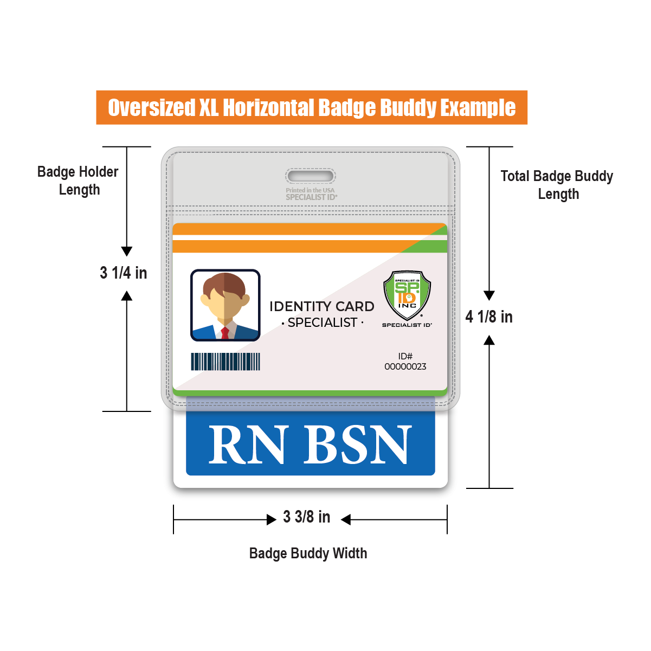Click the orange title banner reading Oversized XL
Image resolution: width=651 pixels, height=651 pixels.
312,107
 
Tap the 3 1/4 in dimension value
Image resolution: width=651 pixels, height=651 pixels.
124,273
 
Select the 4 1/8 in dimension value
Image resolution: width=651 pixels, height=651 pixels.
489,317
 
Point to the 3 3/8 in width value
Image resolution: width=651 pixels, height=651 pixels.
307,517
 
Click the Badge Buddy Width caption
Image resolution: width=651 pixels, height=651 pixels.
308,553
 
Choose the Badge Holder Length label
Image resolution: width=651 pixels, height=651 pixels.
78,181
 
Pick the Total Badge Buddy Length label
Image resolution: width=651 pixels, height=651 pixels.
557,185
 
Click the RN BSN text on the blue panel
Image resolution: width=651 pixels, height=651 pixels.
310,444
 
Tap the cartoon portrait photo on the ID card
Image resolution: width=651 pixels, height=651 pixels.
225,305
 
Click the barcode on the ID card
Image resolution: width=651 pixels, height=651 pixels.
225,362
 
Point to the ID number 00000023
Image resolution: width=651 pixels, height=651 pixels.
405,366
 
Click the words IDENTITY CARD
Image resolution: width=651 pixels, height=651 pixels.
322,306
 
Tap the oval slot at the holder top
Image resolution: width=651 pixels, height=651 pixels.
311,176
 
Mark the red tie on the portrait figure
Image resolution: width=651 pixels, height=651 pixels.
225,332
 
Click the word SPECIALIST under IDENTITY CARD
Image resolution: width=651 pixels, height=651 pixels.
323,323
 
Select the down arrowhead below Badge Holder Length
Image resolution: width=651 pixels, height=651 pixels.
127,251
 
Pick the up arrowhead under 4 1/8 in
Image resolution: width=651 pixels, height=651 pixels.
489,340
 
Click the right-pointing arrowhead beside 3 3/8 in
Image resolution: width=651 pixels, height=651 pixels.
272,520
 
